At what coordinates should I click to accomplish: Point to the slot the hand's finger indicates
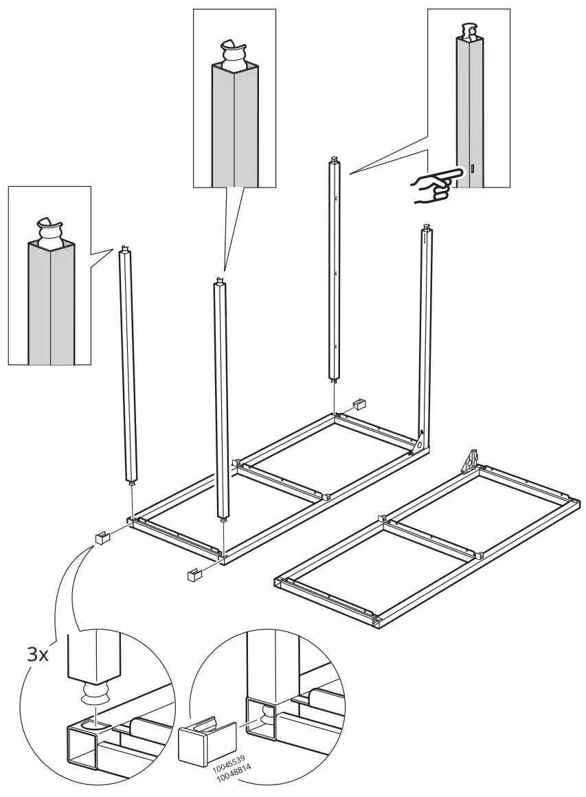[473, 169]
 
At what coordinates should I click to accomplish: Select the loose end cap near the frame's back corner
[359, 403]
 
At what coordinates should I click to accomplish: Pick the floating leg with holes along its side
[335, 268]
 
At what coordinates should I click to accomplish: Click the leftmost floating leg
[128, 364]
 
